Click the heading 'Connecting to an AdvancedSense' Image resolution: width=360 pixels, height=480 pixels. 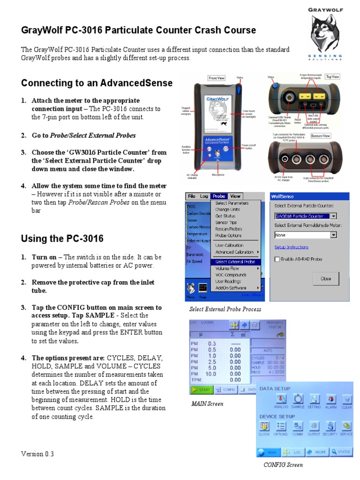97,83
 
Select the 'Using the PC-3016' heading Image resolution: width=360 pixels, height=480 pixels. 62,239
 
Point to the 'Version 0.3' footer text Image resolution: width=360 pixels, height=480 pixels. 37,454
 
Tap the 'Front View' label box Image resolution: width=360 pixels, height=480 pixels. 217,78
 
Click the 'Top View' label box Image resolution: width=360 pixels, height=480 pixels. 333,76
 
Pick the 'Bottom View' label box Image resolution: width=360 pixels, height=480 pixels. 333,135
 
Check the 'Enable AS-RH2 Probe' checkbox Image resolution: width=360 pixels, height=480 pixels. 277,259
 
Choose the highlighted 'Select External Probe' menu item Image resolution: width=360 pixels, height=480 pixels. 235,262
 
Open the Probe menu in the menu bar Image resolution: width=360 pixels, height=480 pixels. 218,196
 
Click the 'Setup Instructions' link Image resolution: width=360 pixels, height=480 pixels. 291,247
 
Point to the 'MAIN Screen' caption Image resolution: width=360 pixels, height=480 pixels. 207,404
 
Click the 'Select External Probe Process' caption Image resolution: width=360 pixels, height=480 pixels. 225,309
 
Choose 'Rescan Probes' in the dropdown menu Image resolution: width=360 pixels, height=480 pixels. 228,229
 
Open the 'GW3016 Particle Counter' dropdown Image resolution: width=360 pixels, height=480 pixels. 333,216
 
